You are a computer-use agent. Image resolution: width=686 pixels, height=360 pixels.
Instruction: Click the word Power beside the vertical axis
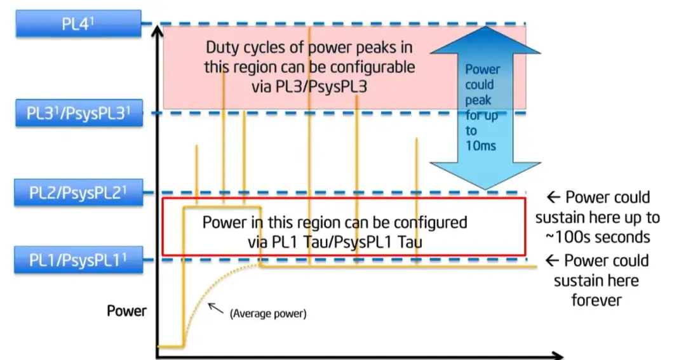126,311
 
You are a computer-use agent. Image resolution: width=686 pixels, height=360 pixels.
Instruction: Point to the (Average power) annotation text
268,313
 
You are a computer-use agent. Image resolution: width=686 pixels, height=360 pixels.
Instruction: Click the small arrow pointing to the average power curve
217,308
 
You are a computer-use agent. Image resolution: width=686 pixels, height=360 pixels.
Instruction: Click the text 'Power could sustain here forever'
597,280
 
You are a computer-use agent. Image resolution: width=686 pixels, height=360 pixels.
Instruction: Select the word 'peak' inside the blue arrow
478,100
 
